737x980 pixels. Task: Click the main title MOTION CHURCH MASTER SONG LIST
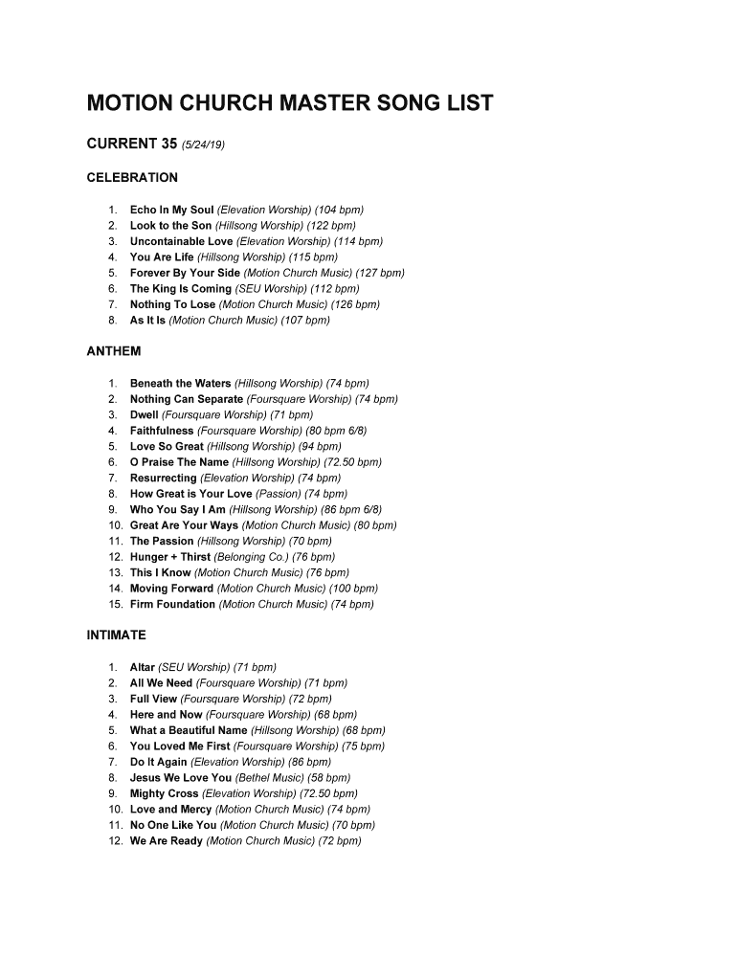coord(290,103)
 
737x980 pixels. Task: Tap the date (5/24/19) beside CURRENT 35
coord(203,145)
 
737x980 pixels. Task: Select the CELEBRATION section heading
coord(132,178)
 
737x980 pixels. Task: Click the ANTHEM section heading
coord(114,351)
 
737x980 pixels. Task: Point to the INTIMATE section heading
coord(117,635)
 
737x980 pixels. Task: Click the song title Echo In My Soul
coord(171,210)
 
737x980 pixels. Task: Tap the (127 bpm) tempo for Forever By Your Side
coord(380,273)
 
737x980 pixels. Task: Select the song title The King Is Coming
coord(181,289)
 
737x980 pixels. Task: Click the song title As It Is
coord(147,321)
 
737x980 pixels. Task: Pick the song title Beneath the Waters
coord(180,384)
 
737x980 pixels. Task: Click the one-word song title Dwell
coord(145,415)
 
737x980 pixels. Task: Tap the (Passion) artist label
coord(279,494)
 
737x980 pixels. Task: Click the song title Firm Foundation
coord(172,605)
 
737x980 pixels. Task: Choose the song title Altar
coord(143,667)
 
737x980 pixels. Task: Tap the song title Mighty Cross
coord(165,793)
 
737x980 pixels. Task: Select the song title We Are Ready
coord(167,841)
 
